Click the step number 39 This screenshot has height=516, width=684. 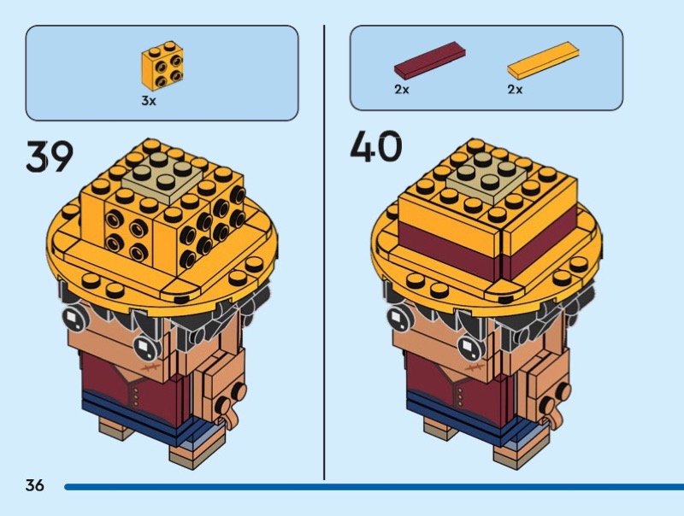coord(50,156)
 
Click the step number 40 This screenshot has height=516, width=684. coord(376,146)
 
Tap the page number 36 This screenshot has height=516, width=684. coord(35,485)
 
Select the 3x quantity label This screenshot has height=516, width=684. coord(148,101)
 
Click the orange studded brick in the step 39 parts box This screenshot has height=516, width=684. coord(162,66)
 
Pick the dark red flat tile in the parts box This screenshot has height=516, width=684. coord(430,60)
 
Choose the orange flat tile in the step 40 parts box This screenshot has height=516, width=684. coord(544,61)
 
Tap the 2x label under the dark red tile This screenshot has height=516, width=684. coord(402,90)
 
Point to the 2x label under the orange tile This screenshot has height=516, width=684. coord(515,90)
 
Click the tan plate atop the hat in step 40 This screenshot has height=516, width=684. coord(486,176)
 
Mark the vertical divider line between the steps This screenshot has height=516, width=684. coord(324,252)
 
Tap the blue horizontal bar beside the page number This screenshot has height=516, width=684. coord(374,487)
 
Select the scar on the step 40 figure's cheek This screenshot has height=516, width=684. coord(475,368)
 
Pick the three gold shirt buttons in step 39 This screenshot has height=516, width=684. coord(136,396)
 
